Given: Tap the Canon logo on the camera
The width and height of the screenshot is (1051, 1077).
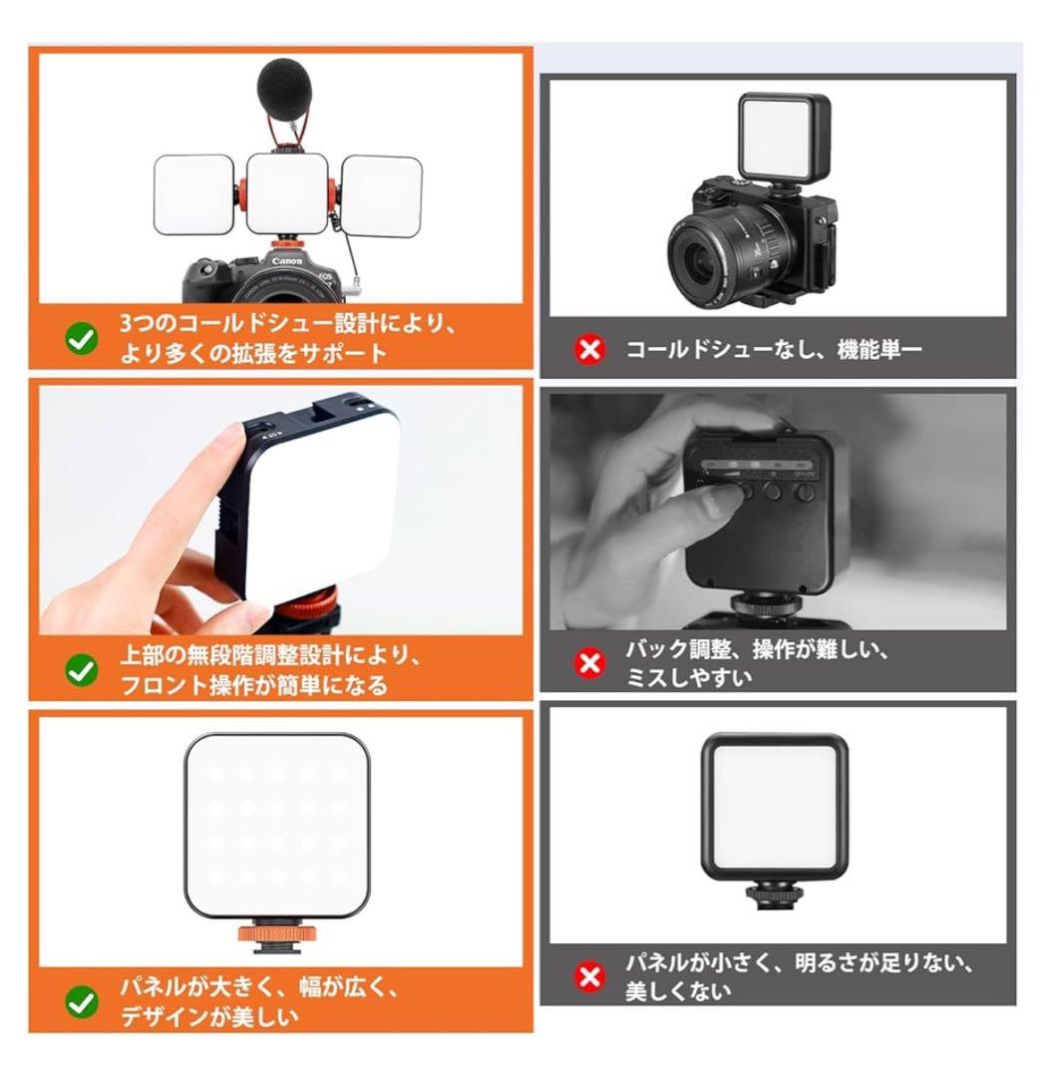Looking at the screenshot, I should click(x=287, y=261).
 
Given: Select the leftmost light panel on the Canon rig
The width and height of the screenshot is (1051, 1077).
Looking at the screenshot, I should click(x=194, y=193).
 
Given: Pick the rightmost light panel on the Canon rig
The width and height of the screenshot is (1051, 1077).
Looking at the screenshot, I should click(x=382, y=193).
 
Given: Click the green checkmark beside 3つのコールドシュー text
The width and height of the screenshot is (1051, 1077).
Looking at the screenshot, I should click(x=81, y=339).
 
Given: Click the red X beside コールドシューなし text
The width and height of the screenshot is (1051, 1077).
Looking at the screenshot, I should click(x=590, y=350).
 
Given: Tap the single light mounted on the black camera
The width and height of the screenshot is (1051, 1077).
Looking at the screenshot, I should click(x=783, y=137).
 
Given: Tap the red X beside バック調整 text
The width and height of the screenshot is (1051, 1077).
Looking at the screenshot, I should click(x=590, y=662).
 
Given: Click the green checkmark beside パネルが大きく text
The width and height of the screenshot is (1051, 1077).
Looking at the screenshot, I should click(x=81, y=1002).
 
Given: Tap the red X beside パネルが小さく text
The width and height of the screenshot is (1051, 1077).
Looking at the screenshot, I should click(x=590, y=976).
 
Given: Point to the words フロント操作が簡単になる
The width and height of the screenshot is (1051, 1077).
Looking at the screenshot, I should click(x=253, y=686).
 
